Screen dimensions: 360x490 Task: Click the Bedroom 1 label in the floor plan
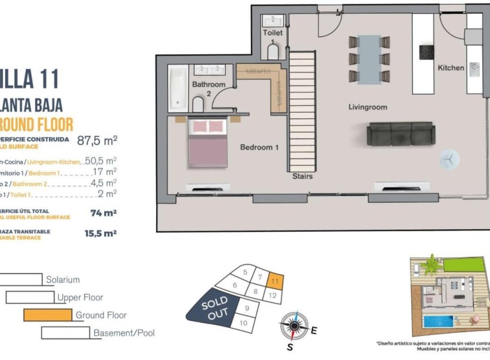(x=259, y=147)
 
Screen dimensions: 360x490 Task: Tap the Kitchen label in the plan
(x=451, y=68)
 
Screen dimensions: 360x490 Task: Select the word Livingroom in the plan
(x=367, y=107)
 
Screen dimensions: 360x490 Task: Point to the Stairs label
(x=302, y=176)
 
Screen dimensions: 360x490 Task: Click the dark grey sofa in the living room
(x=401, y=134)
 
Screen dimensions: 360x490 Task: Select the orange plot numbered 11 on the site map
(x=276, y=281)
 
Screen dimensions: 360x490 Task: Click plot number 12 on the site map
(x=274, y=296)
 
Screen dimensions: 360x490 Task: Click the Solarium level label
(x=63, y=280)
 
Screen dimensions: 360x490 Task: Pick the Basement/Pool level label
(x=124, y=333)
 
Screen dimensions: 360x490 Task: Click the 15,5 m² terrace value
(x=101, y=233)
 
